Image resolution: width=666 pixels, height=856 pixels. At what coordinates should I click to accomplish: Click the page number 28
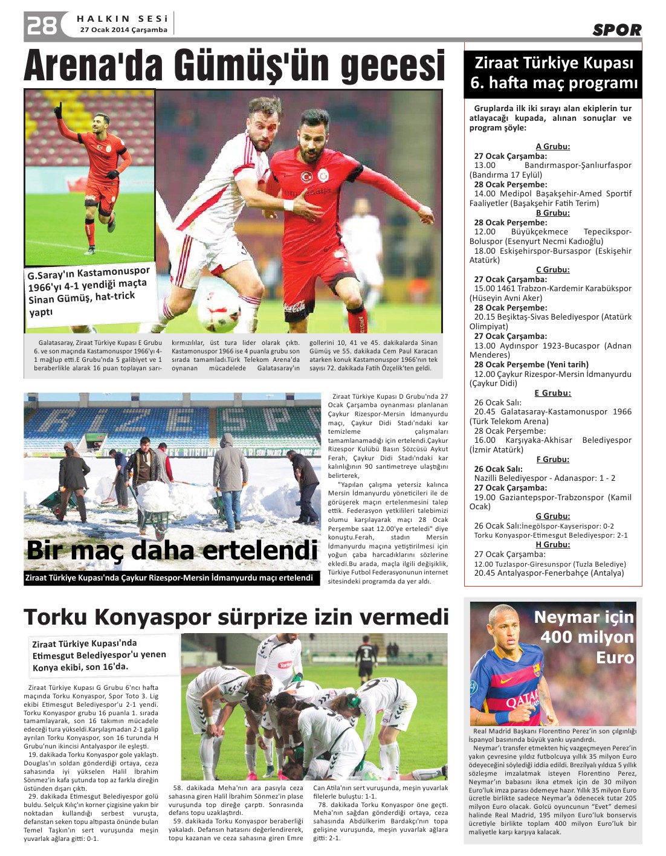tap(41, 25)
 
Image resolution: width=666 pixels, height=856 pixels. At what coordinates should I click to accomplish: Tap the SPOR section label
tap(616, 30)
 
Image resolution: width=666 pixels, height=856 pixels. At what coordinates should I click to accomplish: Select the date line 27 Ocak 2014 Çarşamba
tap(123, 30)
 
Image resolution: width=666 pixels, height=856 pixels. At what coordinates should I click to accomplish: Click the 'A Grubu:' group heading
tap(552, 146)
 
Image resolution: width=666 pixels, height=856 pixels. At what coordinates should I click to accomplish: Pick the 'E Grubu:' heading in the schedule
tap(552, 393)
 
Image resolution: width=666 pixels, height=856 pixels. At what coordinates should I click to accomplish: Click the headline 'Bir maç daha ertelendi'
tap(172, 550)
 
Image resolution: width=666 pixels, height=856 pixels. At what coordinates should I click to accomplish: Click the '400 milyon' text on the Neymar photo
tap(587, 637)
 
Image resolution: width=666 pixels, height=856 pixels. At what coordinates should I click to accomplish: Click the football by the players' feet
tap(218, 306)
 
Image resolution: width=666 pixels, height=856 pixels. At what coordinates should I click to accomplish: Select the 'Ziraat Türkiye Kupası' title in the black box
tap(554, 63)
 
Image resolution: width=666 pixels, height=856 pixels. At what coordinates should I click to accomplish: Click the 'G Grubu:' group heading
tap(552, 516)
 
